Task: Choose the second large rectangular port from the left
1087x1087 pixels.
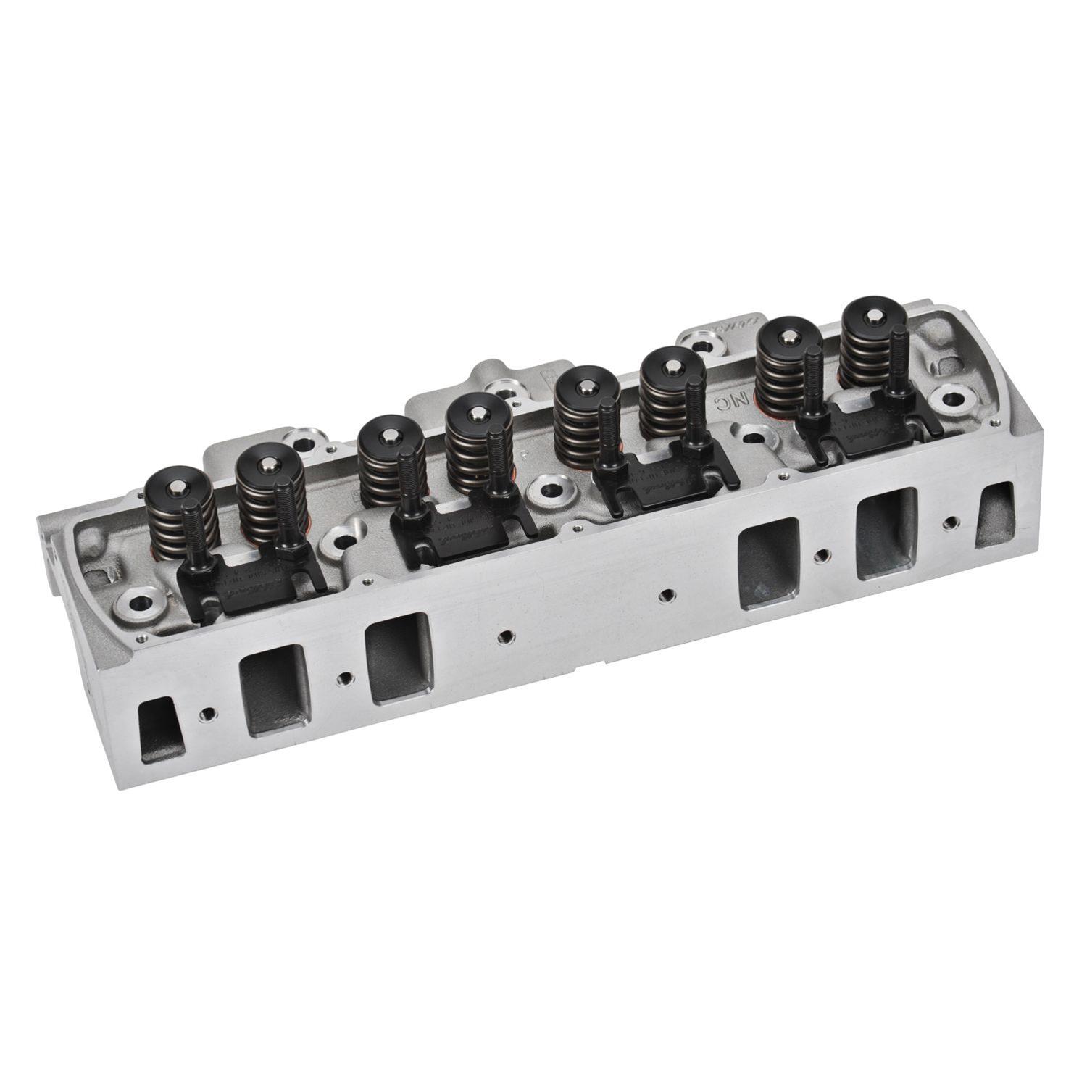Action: pos(398,658)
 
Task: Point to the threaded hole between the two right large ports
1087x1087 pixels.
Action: pos(821,556)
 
